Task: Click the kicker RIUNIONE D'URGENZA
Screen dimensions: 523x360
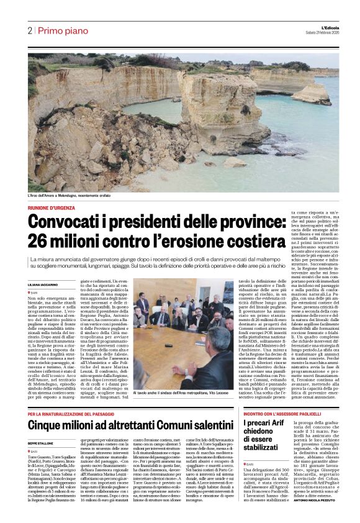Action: tap(52, 208)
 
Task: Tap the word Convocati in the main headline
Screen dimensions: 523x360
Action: tap(67, 222)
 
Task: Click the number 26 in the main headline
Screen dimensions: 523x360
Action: tap(38, 241)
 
